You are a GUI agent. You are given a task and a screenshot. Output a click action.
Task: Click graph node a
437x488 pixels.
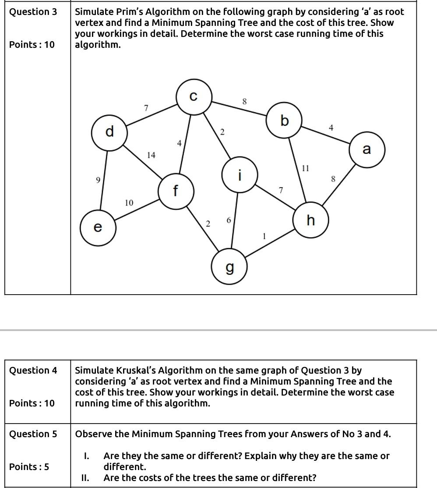[367, 150]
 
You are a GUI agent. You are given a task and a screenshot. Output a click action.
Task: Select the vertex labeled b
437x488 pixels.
[285, 120]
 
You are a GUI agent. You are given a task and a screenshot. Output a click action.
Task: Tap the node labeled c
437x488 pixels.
[194, 96]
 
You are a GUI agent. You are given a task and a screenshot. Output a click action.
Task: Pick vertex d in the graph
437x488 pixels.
[109, 131]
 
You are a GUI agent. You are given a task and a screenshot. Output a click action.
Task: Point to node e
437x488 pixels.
[98, 228]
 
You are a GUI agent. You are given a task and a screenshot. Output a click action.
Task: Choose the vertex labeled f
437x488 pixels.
[176, 191]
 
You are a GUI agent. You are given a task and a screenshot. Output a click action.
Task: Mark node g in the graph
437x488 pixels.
[229, 267]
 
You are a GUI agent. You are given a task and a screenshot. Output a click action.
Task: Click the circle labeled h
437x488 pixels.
[311, 221]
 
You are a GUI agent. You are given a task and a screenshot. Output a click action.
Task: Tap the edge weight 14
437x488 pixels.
[151, 155]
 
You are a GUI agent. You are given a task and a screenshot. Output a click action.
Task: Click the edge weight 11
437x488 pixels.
[306, 168]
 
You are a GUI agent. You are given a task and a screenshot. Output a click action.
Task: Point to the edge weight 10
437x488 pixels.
[129, 203]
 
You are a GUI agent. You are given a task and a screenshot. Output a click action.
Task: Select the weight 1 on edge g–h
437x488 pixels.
[264, 236]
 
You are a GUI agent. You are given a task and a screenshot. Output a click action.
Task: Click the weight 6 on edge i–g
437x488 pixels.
[229, 221]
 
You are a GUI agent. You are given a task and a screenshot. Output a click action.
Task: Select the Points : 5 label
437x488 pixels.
[29, 467]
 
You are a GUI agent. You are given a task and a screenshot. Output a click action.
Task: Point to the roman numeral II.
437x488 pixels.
[86, 477]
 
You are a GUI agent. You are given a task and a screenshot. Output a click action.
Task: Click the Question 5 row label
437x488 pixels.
[33, 434]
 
